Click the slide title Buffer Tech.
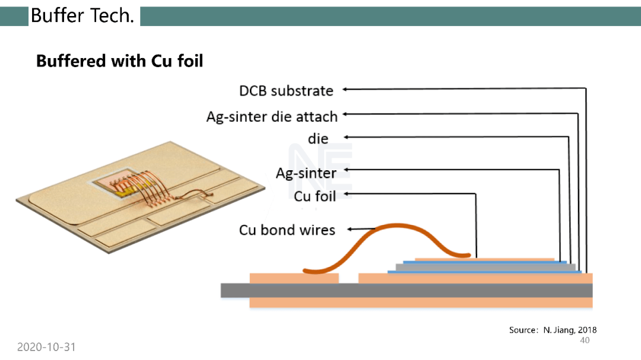click(82, 16)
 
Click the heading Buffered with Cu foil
click(119, 61)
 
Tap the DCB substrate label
click(286, 91)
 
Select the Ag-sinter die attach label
click(272, 116)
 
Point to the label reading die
click(318, 139)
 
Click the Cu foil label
click(315, 196)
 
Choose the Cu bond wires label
click(287, 230)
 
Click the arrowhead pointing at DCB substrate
click(345, 89)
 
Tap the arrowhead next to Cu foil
click(347, 194)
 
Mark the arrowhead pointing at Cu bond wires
click(350, 230)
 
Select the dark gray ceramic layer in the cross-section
click(407, 290)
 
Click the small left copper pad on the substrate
click(294, 278)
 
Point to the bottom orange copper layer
click(421, 302)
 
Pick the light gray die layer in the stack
click(485, 267)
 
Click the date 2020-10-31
click(46, 347)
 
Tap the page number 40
click(585, 340)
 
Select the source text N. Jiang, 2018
click(570, 330)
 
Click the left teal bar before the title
click(14, 17)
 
